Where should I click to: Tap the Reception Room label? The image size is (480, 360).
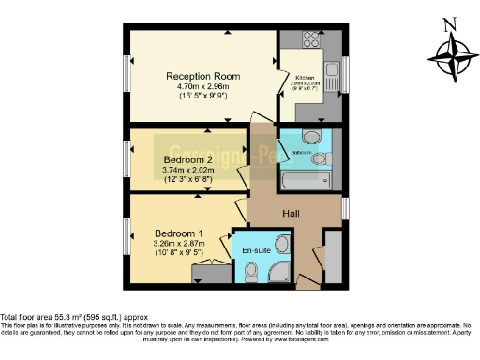point(202,76)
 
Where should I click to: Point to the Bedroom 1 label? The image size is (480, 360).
point(178,232)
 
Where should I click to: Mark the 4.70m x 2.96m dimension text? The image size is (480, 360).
point(202,87)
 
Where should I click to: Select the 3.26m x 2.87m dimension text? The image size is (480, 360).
point(178,244)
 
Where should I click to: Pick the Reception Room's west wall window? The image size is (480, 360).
point(127,77)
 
